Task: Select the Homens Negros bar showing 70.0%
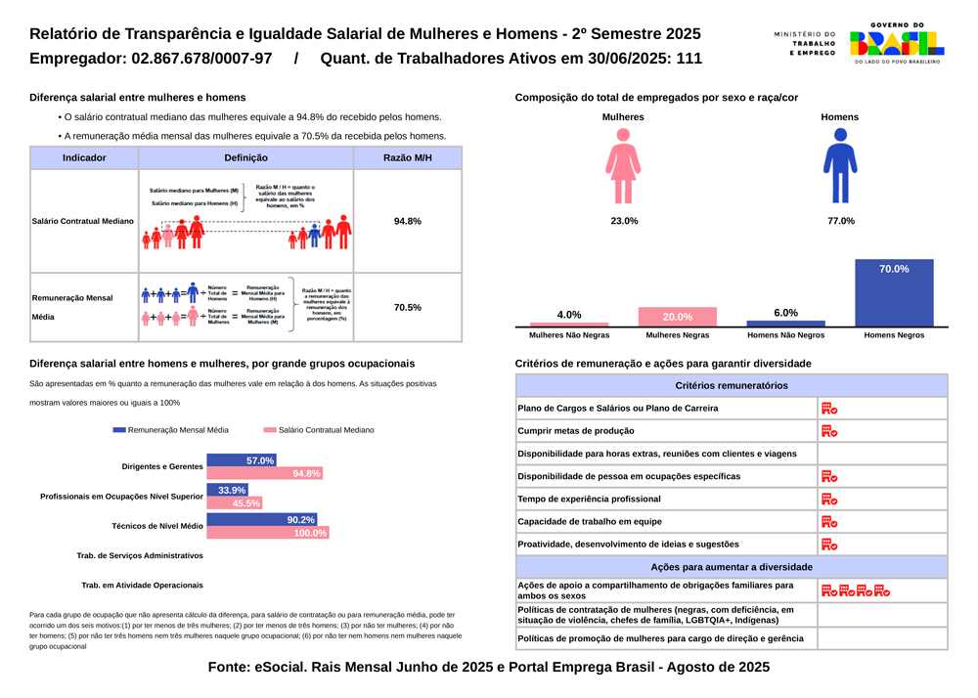894,292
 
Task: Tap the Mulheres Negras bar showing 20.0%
677,317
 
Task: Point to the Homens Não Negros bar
785,323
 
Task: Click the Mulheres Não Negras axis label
569,335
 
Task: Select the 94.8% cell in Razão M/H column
407,221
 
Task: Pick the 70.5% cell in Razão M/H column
407,307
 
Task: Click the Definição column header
245,157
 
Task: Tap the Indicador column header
84,157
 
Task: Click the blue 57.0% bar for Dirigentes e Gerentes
242,460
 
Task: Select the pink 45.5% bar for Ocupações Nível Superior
235,503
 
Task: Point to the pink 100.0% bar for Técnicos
268,533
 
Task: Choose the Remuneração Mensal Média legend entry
171,430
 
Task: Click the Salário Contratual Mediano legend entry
319,430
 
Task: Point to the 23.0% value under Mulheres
624,221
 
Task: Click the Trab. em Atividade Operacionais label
143,585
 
